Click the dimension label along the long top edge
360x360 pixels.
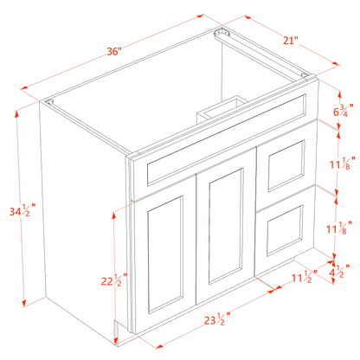112,52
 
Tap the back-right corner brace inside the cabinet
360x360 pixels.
224,36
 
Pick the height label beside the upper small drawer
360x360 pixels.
345,161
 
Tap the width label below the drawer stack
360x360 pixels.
303,278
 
